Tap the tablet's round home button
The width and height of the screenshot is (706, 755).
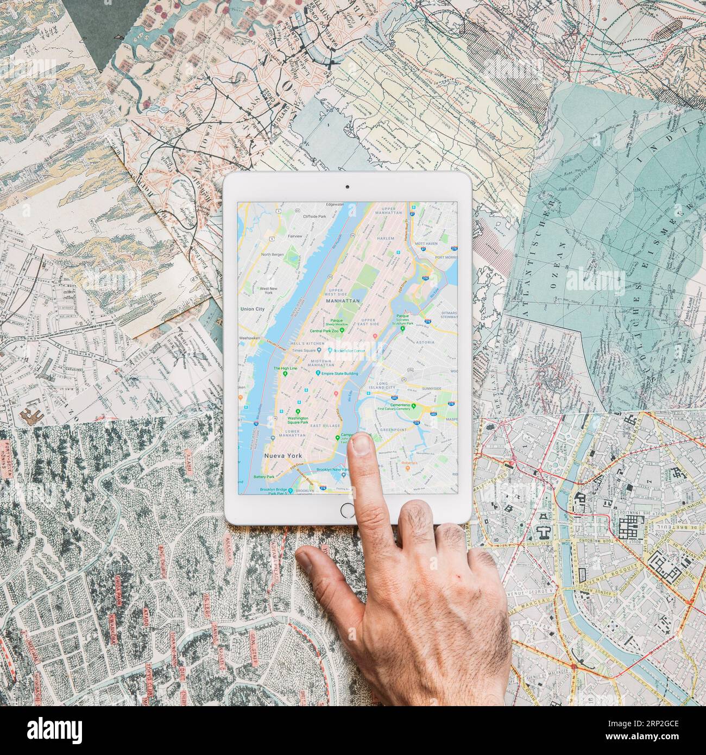(346, 509)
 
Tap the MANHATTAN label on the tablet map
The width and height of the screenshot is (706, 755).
(343, 300)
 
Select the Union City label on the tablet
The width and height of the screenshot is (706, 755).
(252, 309)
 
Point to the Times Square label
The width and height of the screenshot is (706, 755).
(304, 351)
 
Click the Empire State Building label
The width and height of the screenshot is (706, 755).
(340, 373)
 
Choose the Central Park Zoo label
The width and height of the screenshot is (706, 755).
(324, 330)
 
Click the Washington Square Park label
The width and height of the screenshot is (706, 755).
(297, 420)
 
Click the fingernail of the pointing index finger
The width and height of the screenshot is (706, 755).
(360, 445)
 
